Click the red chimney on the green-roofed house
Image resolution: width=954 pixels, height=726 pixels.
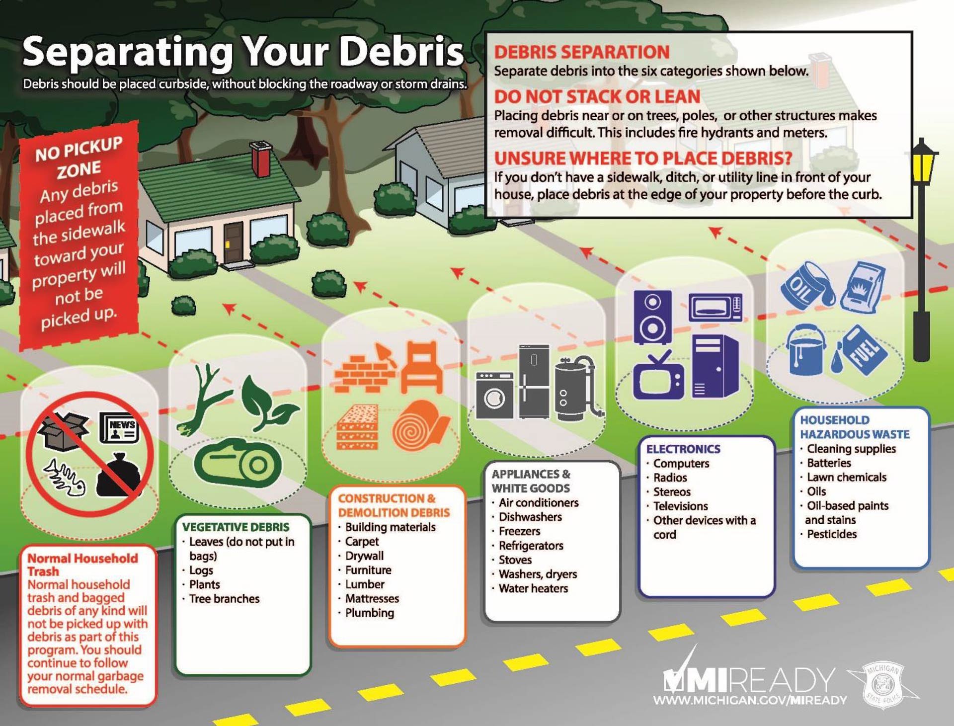click(x=261, y=159)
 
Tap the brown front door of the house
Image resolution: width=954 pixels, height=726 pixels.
click(x=233, y=242)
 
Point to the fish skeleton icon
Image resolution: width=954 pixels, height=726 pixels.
click(x=65, y=478)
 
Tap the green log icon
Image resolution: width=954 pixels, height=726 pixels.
click(x=238, y=463)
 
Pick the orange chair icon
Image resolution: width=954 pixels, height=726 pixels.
click(x=421, y=368)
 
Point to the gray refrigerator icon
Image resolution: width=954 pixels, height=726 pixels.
click(x=534, y=381)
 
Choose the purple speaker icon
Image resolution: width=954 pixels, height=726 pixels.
click(x=652, y=317)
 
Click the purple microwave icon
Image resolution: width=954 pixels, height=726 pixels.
click(x=715, y=308)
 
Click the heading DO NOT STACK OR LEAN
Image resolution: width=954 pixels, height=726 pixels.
click(x=597, y=96)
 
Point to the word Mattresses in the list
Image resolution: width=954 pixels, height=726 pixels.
click(x=372, y=599)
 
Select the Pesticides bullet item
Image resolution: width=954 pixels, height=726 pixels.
click(x=831, y=534)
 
